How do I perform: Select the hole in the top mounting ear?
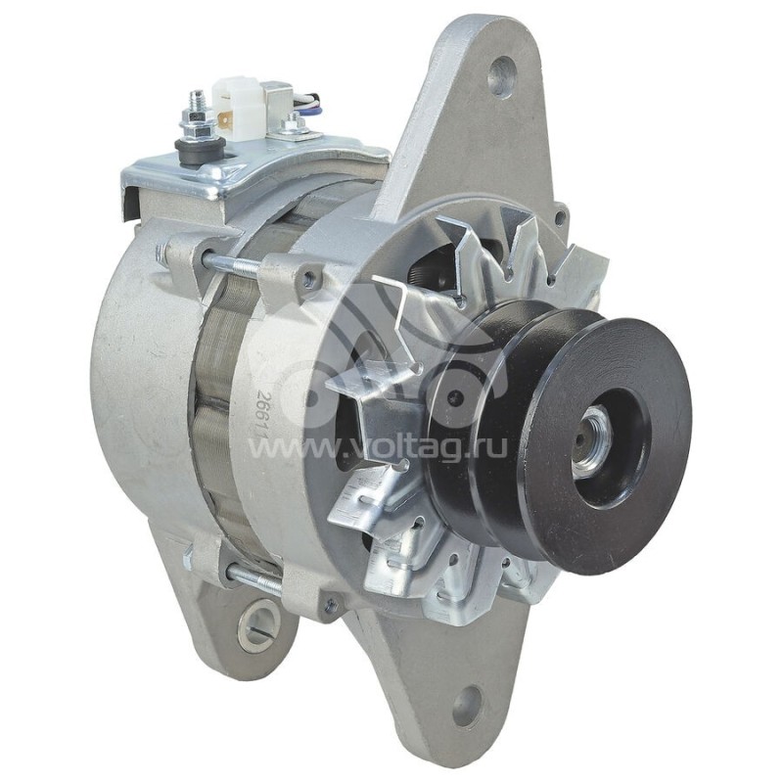pos(502,75)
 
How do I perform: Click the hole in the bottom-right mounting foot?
pos(467,705)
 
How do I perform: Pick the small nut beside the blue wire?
pos(292,124)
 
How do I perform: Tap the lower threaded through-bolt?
pos(250,579)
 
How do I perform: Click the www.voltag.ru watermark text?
pos(377,448)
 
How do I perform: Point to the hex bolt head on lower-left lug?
pos(188,558)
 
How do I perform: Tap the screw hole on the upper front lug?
pos(309,280)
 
